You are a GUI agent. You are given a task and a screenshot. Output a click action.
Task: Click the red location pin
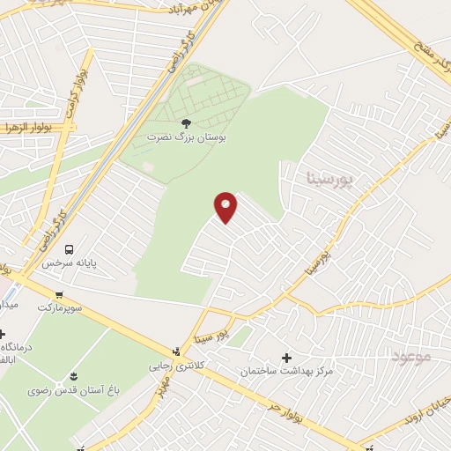point(226,207)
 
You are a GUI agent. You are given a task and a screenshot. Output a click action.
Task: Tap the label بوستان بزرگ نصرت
point(185,138)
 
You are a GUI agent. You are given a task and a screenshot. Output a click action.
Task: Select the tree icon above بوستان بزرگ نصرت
point(185,123)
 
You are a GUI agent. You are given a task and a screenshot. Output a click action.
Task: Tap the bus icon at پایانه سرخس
point(70,248)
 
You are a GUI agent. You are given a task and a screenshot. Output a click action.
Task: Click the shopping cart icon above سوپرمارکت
point(59,295)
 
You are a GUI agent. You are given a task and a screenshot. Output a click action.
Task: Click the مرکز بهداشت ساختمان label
point(286,372)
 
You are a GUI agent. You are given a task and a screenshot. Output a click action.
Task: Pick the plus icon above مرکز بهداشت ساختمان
point(286,358)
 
